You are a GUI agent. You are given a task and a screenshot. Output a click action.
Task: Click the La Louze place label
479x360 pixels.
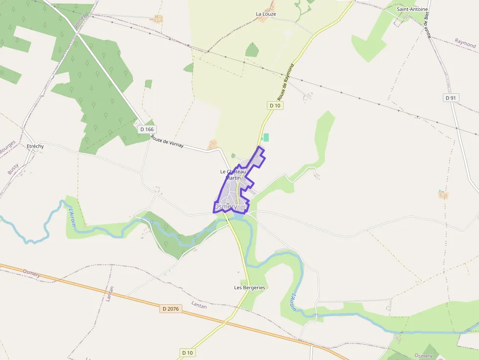pos(266,14)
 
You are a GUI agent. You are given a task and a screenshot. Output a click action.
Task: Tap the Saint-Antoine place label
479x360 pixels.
pos(413,9)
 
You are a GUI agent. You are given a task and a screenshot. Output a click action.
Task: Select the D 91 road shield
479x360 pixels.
pos(451,98)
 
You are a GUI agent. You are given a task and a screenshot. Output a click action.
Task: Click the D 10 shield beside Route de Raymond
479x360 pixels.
pos(275,106)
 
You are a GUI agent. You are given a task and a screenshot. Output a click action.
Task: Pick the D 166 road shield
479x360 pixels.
pos(147,129)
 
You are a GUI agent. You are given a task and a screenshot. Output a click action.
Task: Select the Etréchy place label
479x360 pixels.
pos(36,146)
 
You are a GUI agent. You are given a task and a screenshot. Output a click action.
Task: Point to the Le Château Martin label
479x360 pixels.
pos(233,174)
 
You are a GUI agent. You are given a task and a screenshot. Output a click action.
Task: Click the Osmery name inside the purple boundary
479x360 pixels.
pos(226,207)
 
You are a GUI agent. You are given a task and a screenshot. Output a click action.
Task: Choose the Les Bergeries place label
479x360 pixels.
pos(249,288)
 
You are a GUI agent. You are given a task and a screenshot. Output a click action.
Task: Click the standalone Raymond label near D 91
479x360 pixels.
pos(465,43)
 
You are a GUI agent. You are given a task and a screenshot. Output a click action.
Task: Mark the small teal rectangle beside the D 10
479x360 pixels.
pos(266,138)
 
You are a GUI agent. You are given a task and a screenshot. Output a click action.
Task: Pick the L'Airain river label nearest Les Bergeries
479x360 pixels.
pos(293,302)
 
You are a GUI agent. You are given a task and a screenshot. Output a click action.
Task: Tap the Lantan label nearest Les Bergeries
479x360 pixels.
pos(199,306)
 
